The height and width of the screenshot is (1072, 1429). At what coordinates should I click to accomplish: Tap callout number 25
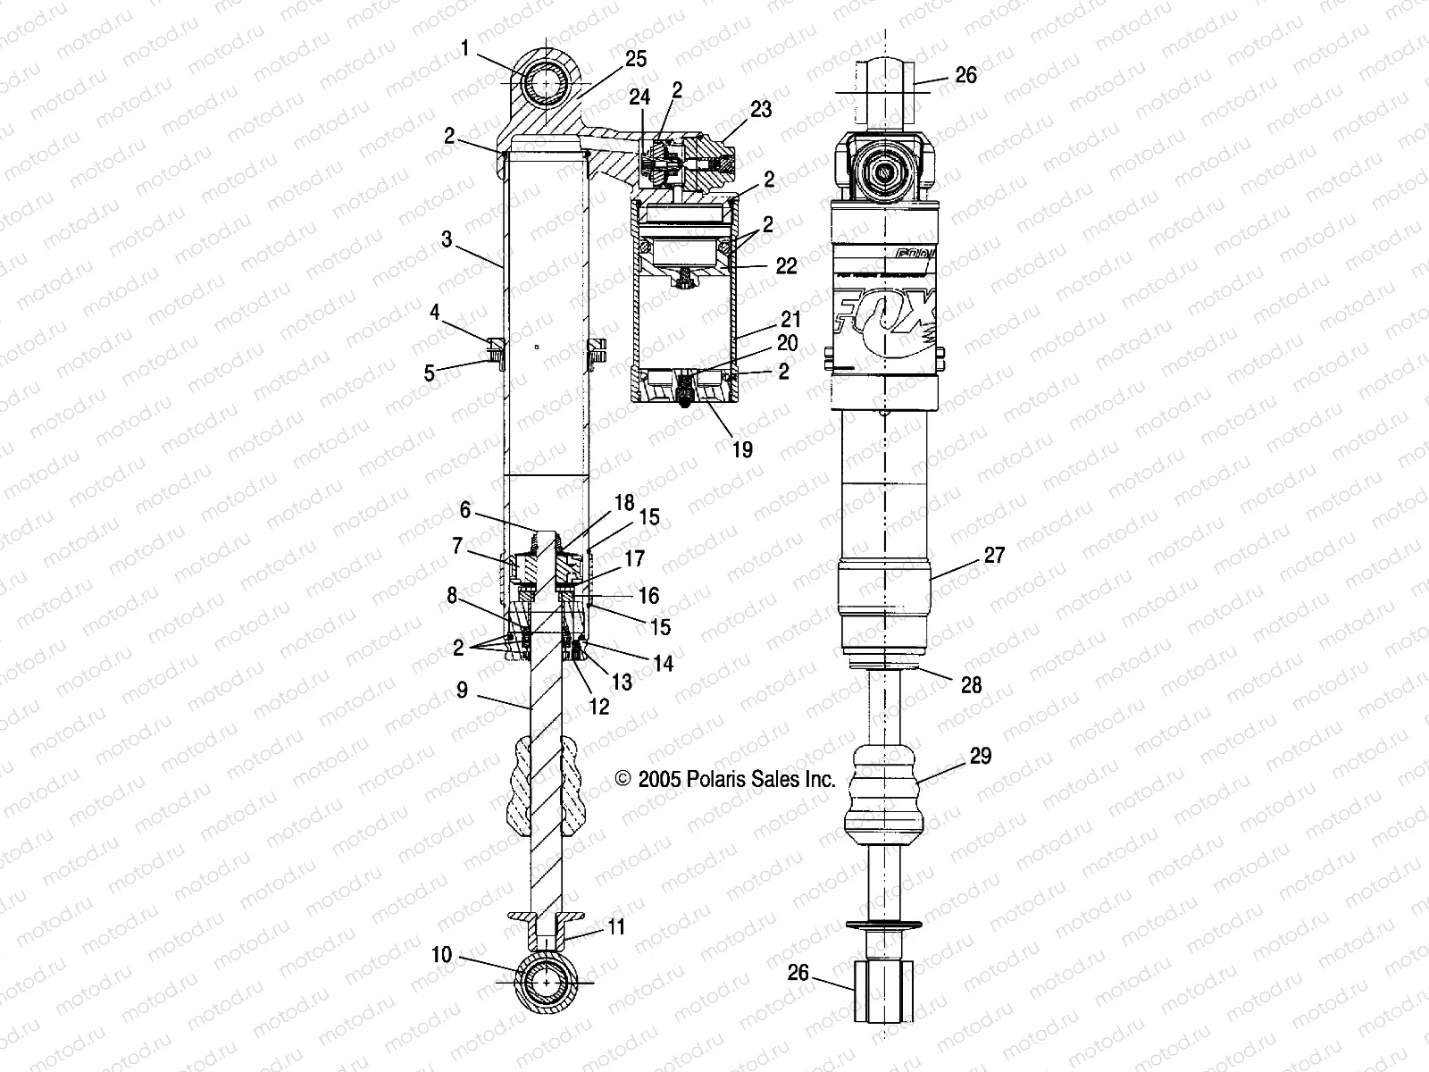pyautogui.click(x=636, y=59)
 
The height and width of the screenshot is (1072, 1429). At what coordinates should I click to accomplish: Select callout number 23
pyautogui.click(x=762, y=109)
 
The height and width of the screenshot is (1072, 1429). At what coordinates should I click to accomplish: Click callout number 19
pyautogui.click(x=741, y=448)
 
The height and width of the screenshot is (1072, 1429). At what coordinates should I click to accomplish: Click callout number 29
pyautogui.click(x=980, y=757)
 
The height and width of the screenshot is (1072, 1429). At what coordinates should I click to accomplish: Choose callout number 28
pyautogui.click(x=971, y=684)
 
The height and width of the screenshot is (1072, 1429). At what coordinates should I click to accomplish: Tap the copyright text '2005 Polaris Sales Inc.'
pyautogui.click(x=726, y=779)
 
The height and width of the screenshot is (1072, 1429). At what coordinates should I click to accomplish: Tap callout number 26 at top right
pyautogui.click(x=966, y=75)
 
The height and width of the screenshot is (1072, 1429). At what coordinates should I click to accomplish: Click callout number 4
pyautogui.click(x=435, y=313)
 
